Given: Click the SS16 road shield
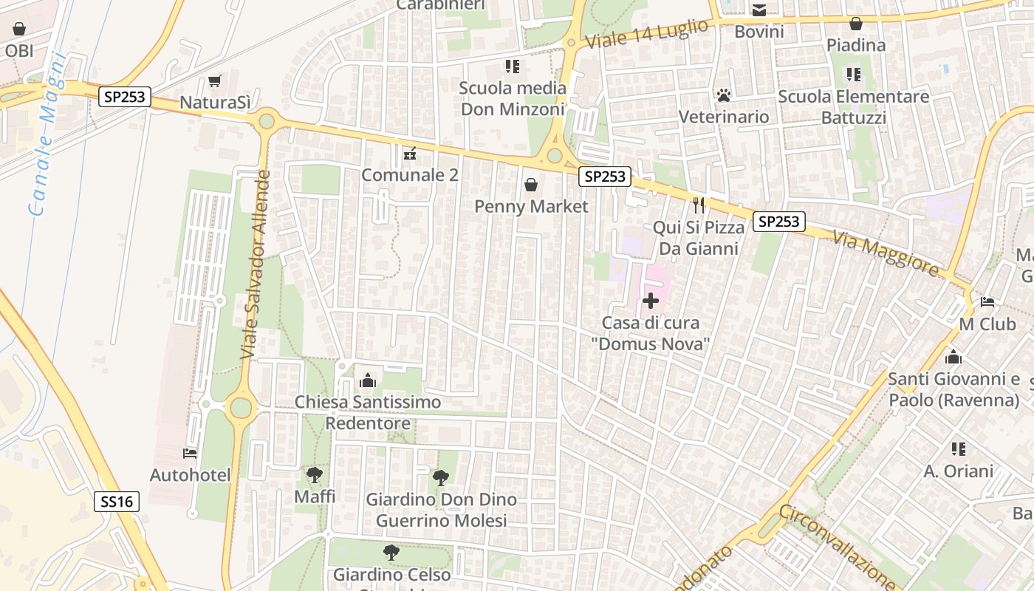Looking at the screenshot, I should pyautogui.click(x=117, y=502).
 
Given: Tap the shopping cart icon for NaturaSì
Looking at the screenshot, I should pyautogui.click(x=215, y=81).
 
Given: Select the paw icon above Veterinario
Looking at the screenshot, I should pyautogui.click(x=723, y=95).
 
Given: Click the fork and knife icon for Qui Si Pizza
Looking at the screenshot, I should pyautogui.click(x=699, y=205).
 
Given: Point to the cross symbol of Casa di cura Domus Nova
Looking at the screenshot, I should pyautogui.click(x=651, y=301).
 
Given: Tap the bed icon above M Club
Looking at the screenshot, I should pyautogui.click(x=987, y=302).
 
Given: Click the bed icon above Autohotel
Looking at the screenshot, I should pyautogui.click(x=190, y=453).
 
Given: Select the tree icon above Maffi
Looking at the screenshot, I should pyautogui.click(x=315, y=474).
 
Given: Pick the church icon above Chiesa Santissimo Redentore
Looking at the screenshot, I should pyautogui.click(x=367, y=380).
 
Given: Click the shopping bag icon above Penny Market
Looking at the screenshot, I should pyautogui.click(x=530, y=184).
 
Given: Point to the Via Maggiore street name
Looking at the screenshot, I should pyautogui.click(x=886, y=253).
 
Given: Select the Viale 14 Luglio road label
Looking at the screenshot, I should pyautogui.click(x=646, y=34).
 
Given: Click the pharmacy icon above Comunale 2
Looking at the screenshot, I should pyautogui.click(x=410, y=153).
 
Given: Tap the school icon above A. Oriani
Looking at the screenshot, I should pyautogui.click(x=959, y=448).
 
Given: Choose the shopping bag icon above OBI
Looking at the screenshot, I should pyautogui.click(x=19, y=29).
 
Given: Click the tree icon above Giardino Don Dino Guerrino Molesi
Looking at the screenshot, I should pyautogui.click(x=441, y=477).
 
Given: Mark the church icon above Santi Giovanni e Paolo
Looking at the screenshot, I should pyautogui.click(x=953, y=357).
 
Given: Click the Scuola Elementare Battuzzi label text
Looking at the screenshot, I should pyautogui.click(x=853, y=107).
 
